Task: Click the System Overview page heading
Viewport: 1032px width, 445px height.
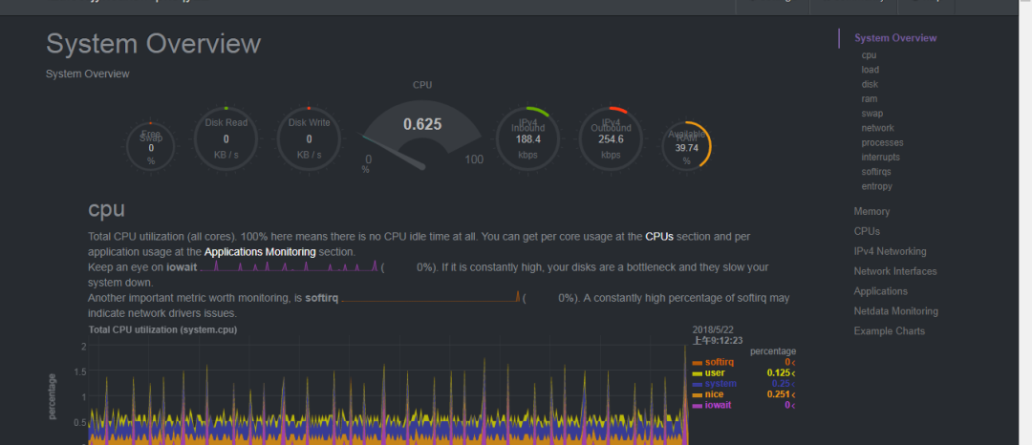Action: (153, 44)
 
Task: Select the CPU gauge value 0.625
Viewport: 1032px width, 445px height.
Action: (422, 124)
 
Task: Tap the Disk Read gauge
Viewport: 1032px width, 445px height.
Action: (226, 139)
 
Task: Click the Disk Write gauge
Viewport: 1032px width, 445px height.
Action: (309, 139)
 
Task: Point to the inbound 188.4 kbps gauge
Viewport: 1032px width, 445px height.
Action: (528, 139)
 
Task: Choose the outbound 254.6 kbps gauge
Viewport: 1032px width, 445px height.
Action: (612, 139)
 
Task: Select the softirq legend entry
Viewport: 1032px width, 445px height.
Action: (719, 362)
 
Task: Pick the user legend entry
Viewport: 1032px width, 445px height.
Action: (715, 372)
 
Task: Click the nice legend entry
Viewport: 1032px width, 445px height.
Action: (714, 394)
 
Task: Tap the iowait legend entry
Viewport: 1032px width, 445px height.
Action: (719, 405)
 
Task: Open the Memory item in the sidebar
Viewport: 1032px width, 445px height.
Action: (871, 211)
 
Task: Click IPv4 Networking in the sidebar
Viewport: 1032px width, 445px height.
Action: (890, 251)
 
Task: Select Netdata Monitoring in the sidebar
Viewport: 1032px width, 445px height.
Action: (895, 311)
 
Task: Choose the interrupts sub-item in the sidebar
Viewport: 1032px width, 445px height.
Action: (880, 157)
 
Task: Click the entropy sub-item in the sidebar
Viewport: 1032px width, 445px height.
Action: (876, 186)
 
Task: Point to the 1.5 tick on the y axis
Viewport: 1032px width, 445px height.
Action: (80, 371)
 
